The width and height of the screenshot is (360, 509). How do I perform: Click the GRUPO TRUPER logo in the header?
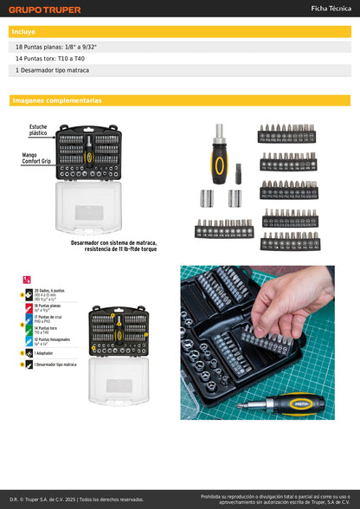(x=45, y=10)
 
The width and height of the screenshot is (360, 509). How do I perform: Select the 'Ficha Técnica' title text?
(x=330, y=9)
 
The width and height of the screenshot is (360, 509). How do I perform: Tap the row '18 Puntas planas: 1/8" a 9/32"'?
(x=56, y=47)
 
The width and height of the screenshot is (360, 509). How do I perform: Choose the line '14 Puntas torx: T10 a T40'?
(x=50, y=58)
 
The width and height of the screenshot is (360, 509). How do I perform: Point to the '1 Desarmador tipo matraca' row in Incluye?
(x=52, y=69)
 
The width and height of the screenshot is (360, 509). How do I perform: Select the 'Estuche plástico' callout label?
(x=38, y=132)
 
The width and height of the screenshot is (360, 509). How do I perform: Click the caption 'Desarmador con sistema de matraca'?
(x=113, y=243)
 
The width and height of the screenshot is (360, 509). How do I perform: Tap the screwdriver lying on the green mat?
(x=285, y=402)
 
